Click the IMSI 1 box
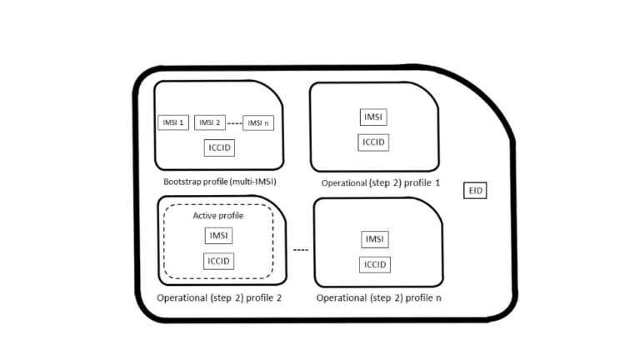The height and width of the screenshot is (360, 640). [171, 122]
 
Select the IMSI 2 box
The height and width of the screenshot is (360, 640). [209, 122]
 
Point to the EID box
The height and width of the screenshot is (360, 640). [475, 191]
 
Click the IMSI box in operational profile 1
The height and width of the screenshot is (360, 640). [373, 117]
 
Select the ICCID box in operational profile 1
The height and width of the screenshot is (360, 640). [373, 142]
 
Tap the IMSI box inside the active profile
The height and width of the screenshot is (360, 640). [217, 236]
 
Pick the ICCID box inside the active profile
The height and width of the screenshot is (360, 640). [217, 261]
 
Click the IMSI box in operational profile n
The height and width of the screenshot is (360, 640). [375, 240]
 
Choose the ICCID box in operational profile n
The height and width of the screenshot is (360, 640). [375, 264]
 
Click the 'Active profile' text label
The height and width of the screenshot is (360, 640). [218, 216]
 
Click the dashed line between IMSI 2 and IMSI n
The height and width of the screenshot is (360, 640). [234, 123]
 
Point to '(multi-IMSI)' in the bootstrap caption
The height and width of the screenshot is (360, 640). [251, 180]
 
